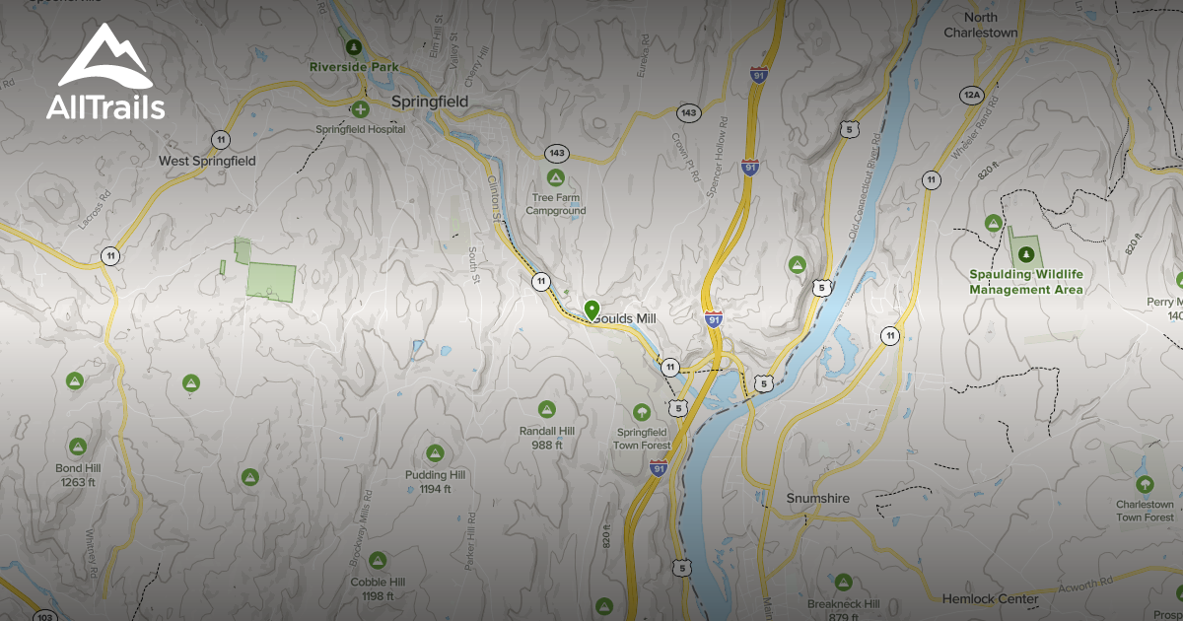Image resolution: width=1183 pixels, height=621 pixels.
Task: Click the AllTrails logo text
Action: pos(105,106)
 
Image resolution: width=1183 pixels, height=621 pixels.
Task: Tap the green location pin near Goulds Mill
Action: pos(591,310)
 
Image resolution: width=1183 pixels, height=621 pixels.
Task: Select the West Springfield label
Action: pos(207,161)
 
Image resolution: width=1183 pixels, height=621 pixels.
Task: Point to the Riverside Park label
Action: pos(353,67)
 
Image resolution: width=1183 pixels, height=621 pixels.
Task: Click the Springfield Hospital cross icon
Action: pos(361,108)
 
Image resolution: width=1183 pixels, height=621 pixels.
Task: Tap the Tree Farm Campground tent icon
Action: pos(555,178)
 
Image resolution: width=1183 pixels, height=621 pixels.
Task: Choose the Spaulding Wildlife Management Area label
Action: pos(1025,282)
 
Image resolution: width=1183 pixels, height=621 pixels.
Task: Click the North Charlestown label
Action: pos(980,25)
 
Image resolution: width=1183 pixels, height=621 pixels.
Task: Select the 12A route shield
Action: pos(971,95)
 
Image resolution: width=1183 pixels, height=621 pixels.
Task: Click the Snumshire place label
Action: pos(817,499)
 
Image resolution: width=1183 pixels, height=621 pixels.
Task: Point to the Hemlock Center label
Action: pos(990,598)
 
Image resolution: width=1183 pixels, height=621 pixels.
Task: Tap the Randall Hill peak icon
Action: pos(546,409)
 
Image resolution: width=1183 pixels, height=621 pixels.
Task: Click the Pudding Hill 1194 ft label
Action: pos(435,482)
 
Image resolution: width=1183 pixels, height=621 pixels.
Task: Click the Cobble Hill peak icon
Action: pos(377,561)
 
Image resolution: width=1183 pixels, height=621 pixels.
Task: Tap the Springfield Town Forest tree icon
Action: pos(643,411)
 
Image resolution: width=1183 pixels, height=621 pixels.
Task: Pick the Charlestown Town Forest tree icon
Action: pos(1145,484)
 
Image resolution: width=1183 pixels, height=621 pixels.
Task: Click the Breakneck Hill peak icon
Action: pos(843,583)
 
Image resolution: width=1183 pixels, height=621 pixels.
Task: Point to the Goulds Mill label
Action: pos(624,319)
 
